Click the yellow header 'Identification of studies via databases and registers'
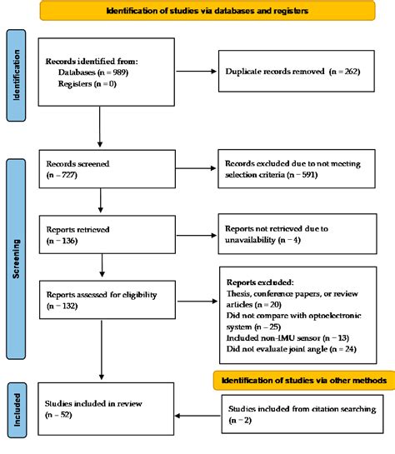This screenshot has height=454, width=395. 206,11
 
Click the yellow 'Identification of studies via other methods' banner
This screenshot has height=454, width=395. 303,380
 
